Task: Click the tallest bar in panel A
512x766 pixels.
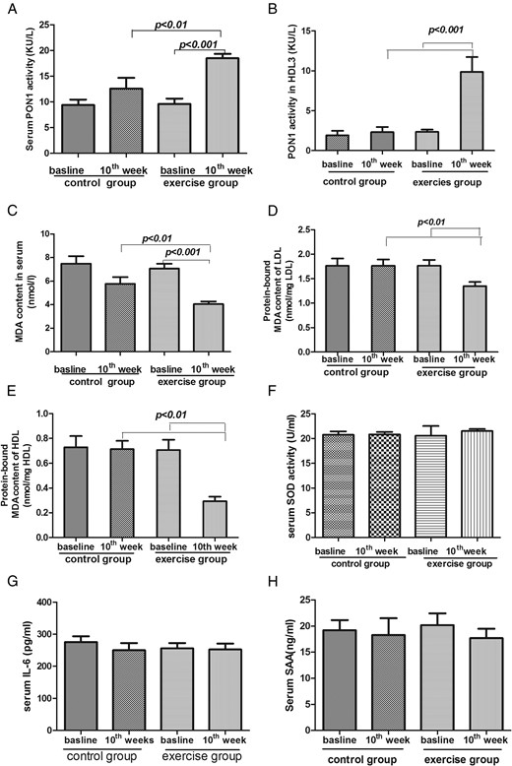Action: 222,105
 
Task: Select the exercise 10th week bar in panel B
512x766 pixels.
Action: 472,111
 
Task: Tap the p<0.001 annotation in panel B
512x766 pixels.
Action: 446,30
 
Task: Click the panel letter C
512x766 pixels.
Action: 13,211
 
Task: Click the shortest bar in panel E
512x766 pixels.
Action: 214,519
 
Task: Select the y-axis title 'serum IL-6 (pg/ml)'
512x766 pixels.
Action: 27,666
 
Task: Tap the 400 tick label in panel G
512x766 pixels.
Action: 44,603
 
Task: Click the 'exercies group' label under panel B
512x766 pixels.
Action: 447,183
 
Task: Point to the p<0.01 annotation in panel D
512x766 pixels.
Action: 431,223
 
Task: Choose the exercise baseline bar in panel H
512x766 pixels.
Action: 438,677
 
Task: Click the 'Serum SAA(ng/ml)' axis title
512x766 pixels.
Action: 290,666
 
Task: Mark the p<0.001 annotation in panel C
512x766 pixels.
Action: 183,253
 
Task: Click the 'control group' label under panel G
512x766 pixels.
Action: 101,757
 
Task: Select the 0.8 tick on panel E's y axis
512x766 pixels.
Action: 44,438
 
